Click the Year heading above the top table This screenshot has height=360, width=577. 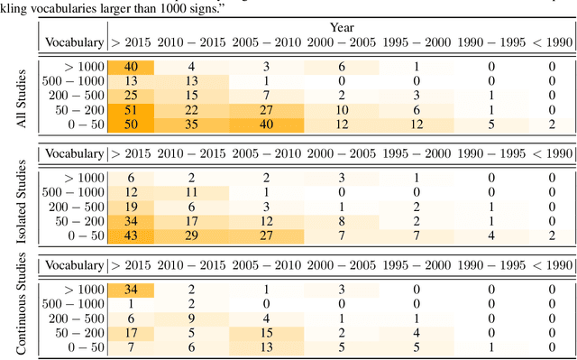(x=342, y=29)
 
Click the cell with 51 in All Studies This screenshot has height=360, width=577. (x=131, y=108)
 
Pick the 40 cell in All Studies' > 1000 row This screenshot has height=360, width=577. (x=131, y=66)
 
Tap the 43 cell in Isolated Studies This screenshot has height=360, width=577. (x=131, y=235)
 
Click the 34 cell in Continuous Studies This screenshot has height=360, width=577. (x=131, y=289)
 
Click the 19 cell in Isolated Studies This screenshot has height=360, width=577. (x=131, y=206)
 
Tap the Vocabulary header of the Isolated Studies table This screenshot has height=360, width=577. (x=74, y=153)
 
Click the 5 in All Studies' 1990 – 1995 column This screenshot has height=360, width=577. (x=491, y=123)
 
